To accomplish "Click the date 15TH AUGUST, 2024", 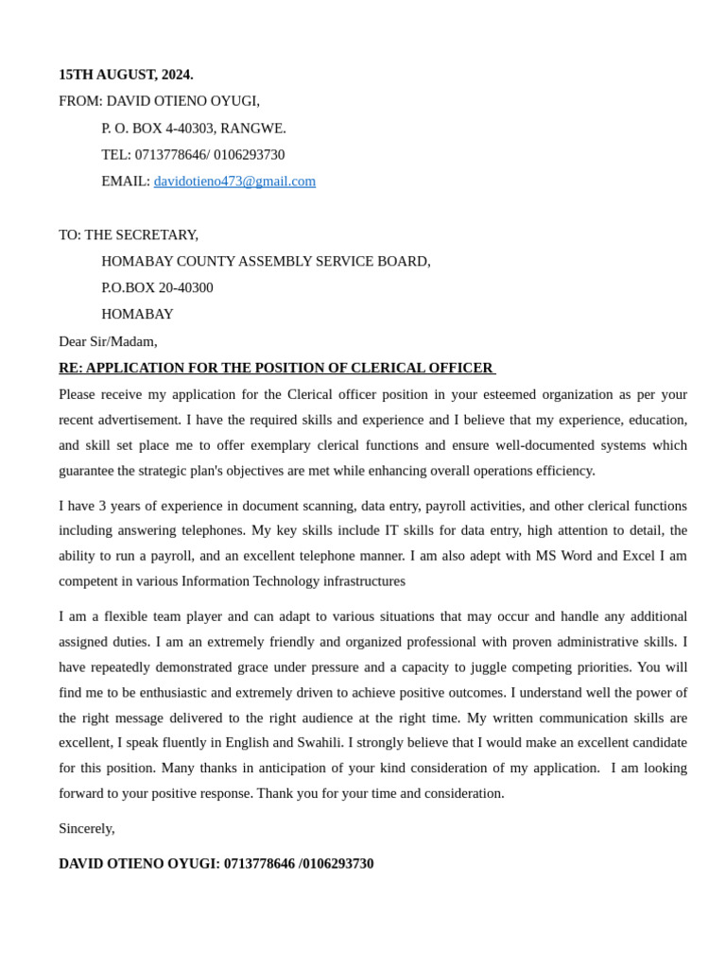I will coord(126,75).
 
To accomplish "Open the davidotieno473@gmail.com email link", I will coord(234,181).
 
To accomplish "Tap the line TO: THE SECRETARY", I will coord(129,234).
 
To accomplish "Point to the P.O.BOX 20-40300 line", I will coord(157,287).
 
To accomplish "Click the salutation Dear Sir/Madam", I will coord(108,341).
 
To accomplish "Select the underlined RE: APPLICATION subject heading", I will coord(276,368).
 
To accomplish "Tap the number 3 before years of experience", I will coord(103,506).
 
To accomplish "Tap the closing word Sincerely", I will coord(86,828).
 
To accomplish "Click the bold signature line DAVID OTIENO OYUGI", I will coord(139,864).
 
